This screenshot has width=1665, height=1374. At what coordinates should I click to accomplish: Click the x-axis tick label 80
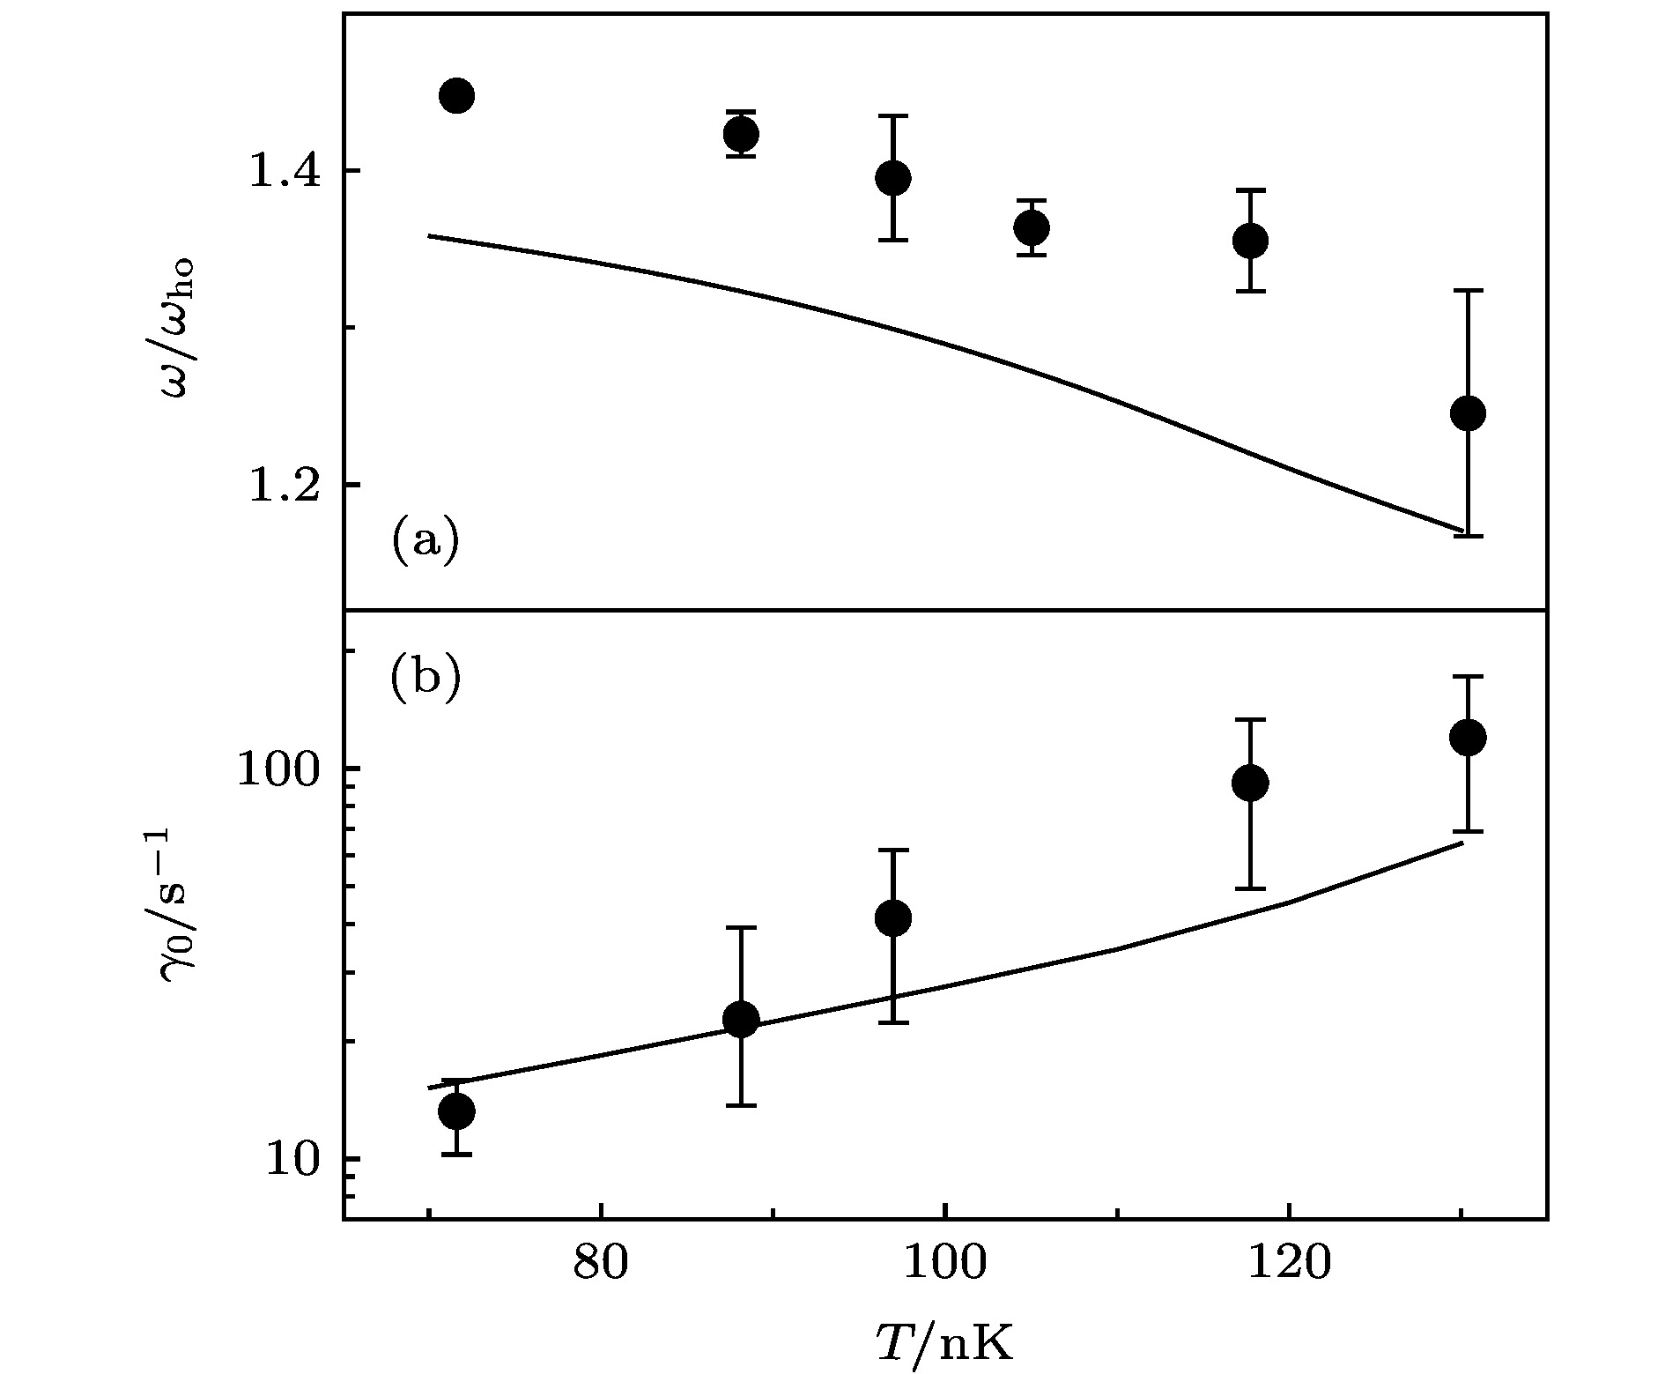pyautogui.click(x=601, y=1264)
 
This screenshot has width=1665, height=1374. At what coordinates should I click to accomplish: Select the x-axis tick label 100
pyautogui.click(x=944, y=1264)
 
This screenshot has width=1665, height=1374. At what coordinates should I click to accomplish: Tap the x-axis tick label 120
pyautogui.click(x=1289, y=1264)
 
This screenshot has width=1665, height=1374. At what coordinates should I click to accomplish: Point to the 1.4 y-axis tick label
pyautogui.click(x=280, y=171)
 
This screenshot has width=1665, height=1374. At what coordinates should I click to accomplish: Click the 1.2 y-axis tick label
pyautogui.click(x=280, y=485)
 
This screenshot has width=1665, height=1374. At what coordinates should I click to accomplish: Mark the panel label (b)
pyautogui.click(x=425, y=677)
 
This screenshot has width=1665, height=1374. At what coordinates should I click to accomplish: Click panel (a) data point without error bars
pyautogui.click(x=456, y=95)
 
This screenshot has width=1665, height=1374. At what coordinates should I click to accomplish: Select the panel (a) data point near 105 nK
pyautogui.click(x=1031, y=228)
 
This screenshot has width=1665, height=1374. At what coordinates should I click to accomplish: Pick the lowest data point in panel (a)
pyautogui.click(x=1468, y=412)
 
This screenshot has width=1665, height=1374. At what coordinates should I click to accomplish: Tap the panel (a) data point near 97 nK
pyautogui.click(x=893, y=178)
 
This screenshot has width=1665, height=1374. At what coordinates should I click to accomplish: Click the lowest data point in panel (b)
pyautogui.click(x=456, y=1110)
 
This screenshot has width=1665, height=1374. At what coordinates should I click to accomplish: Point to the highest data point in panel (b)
pyautogui.click(x=1468, y=737)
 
